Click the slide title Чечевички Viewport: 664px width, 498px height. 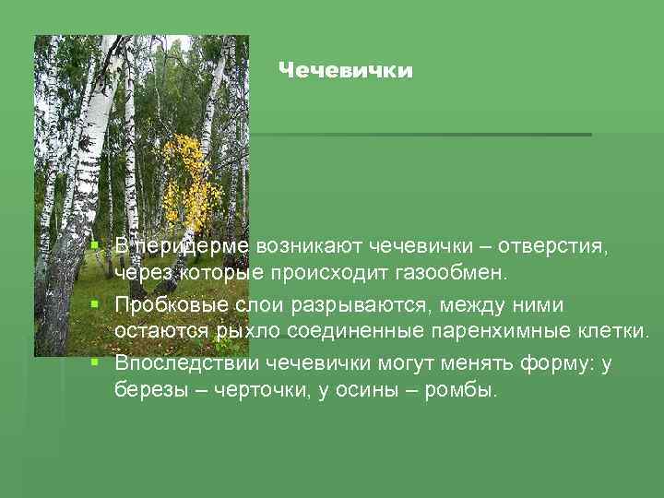coord(345,71)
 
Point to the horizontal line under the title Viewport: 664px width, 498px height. coord(424,135)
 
